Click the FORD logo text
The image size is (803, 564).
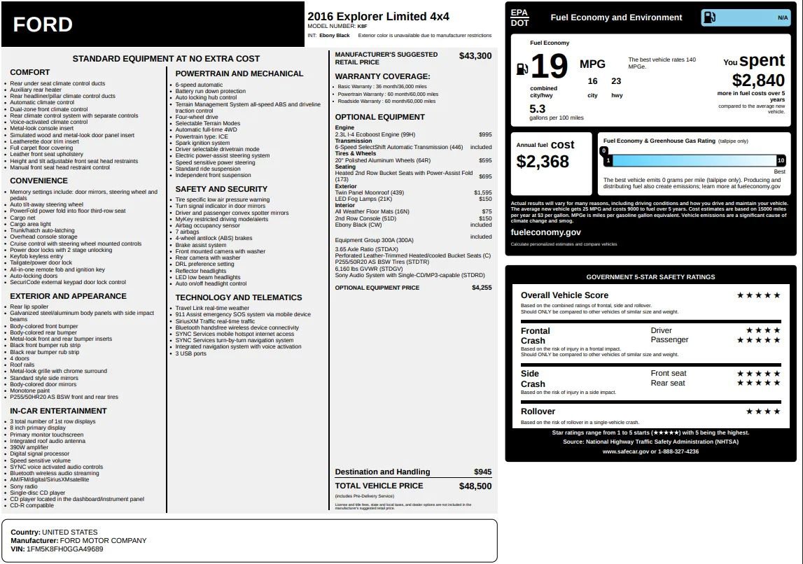click(43, 24)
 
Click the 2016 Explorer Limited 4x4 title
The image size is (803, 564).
click(378, 16)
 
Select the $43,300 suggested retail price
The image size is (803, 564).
click(475, 56)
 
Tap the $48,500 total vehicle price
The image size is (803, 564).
click(475, 486)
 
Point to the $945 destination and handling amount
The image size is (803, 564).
click(482, 472)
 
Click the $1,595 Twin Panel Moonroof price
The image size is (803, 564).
click(482, 192)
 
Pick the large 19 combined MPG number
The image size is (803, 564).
click(549, 67)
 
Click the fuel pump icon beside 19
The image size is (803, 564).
click(522, 69)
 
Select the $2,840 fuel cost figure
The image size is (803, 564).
click(758, 81)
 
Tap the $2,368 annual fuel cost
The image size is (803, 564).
click(543, 162)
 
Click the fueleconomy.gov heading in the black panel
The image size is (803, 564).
click(545, 232)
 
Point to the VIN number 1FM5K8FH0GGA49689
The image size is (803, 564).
click(64, 549)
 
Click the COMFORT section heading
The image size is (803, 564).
click(30, 72)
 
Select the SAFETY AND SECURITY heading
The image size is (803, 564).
click(221, 189)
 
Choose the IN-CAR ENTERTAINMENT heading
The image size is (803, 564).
click(58, 411)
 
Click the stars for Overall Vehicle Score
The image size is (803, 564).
click(758, 295)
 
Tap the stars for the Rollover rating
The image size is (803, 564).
click(762, 411)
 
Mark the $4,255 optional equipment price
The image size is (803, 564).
click(482, 288)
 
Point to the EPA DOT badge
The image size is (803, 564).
click(519, 17)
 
